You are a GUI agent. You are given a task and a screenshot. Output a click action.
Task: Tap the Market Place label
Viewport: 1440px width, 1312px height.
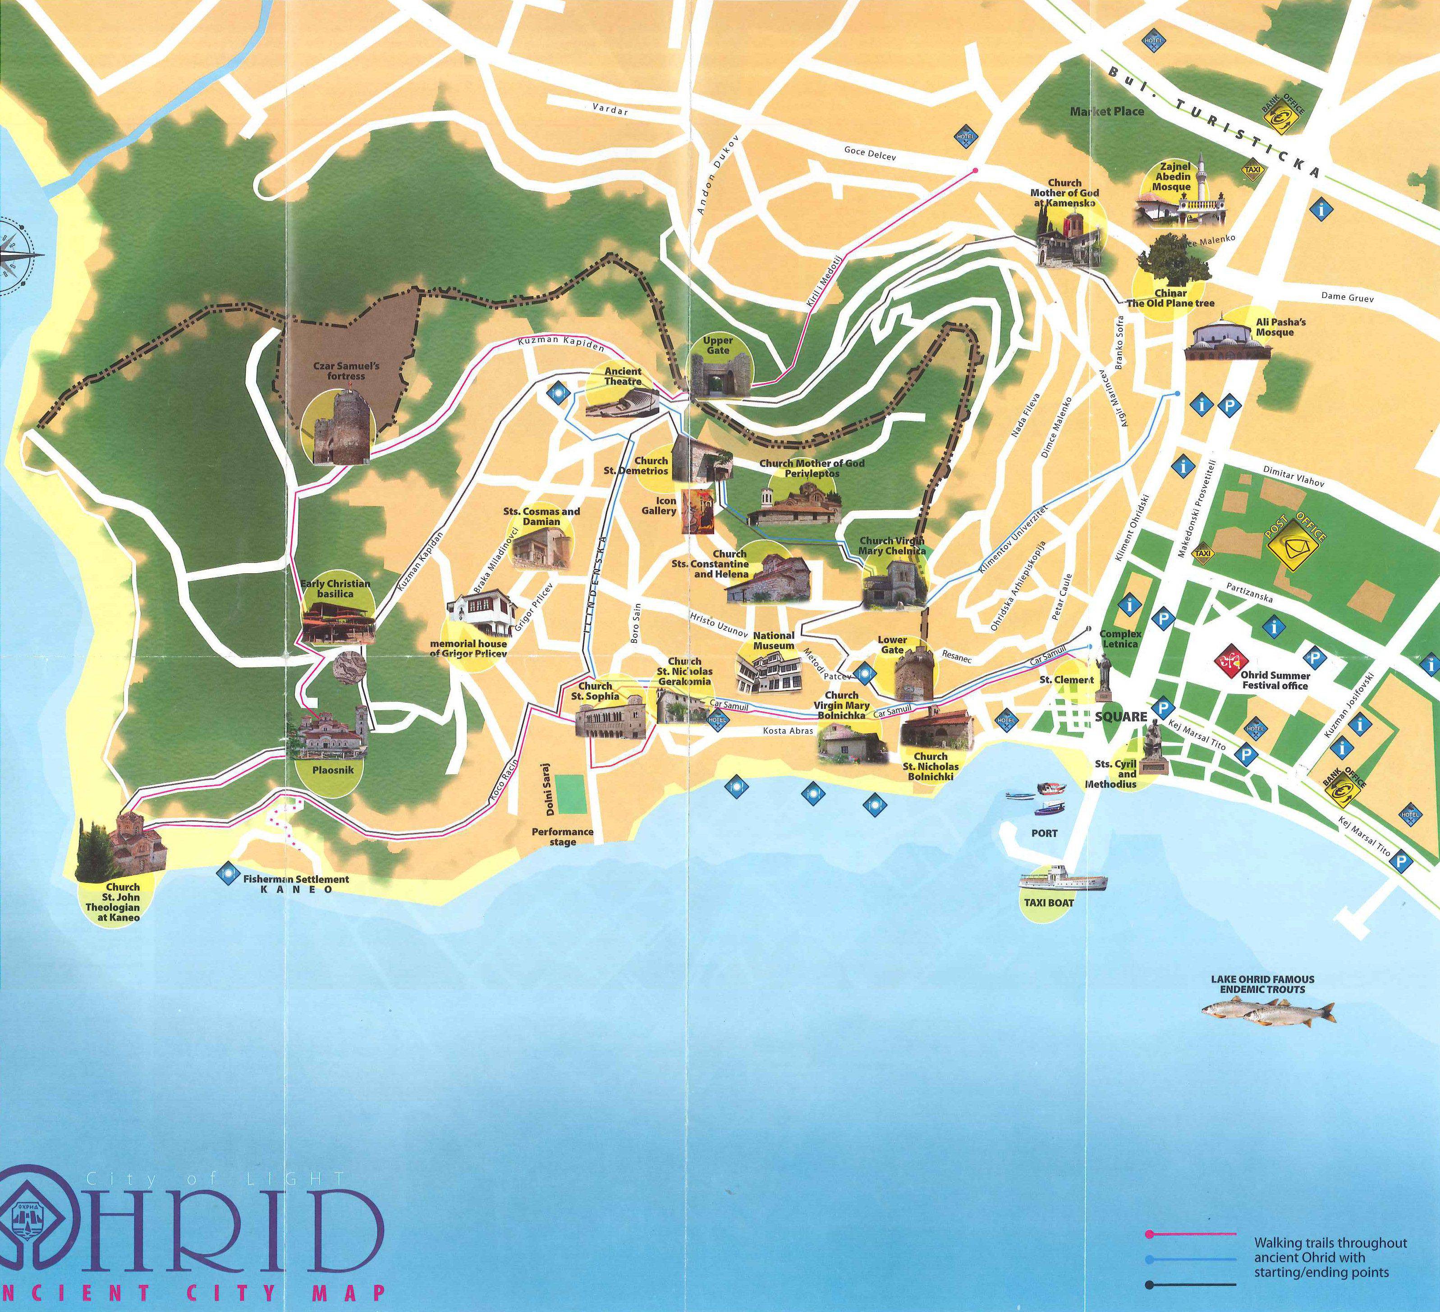(1106, 111)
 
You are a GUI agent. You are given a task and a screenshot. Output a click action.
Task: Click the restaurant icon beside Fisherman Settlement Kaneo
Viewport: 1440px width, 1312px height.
(228, 873)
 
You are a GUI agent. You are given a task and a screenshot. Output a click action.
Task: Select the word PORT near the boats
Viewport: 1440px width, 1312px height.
(1044, 833)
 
